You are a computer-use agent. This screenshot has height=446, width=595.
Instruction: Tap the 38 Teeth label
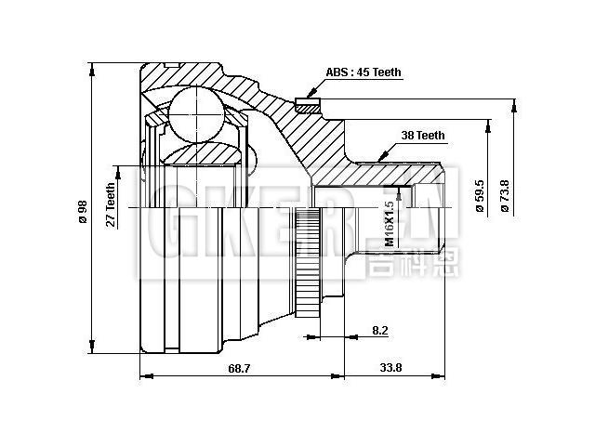(x=423, y=136)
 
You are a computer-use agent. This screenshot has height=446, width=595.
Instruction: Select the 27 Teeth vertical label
(x=111, y=204)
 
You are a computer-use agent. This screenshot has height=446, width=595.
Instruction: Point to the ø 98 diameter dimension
(x=83, y=212)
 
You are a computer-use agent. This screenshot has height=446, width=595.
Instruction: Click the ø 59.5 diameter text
(x=480, y=196)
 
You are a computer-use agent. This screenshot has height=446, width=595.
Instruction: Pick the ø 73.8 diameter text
(x=505, y=196)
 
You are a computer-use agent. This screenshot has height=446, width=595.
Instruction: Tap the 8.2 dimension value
(x=379, y=329)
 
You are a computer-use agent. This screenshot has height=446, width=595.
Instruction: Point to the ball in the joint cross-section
(x=198, y=114)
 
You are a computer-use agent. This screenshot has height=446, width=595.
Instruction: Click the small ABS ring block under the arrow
(x=307, y=101)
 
